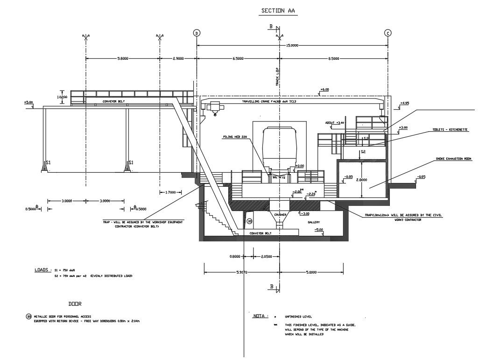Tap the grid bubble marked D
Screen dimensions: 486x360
pyautogui.click(x=197, y=33)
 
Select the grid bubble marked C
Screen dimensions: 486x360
pyautogui.click(x=387, y=33)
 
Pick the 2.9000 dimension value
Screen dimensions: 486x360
pyautogui.click(x=178, y=59)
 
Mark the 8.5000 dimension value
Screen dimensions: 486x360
pyautogui.click(x=333, y=59)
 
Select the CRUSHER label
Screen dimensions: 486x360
pyautogui.click(x=280, y=215)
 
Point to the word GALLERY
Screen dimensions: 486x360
pyautogui.click(x=314, y=223)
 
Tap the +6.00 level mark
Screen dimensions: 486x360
pyautogui.click(x=324, y=89)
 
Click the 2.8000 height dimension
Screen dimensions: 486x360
pyautogui.click(x=362, y=179)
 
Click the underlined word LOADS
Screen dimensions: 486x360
pyautogui.click(x=41, y=270)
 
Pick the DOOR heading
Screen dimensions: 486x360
pyautogui.click(x=75, y=304)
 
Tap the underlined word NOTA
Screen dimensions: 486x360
pyautogui.click(x=259, y=316)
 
